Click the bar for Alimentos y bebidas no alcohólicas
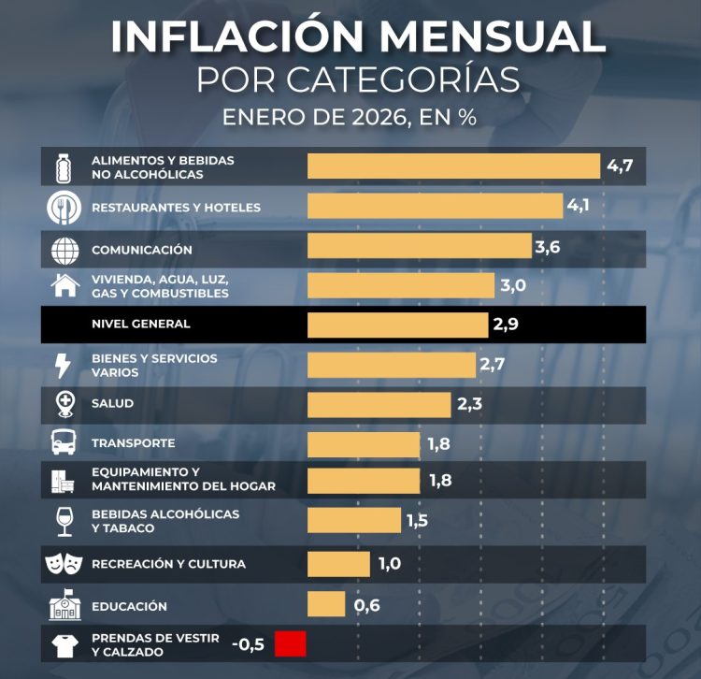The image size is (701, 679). (453, 166)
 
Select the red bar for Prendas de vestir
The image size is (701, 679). (291, 643)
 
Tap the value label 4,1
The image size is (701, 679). (578, 206)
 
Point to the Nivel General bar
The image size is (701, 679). (397, 325)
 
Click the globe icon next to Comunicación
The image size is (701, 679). (64, 250)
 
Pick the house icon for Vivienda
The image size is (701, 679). (64, 285)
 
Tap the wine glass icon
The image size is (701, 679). (64, 521)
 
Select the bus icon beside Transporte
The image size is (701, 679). (64, 442)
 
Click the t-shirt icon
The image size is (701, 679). (64, 645)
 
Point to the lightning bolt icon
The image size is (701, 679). (64, 365)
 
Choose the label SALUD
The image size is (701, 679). (112, 403)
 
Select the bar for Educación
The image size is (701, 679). (326, 604)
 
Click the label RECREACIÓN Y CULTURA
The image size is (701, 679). (168, 564)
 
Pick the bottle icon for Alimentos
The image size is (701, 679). (64, 166)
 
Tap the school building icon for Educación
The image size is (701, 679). (64, 606)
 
